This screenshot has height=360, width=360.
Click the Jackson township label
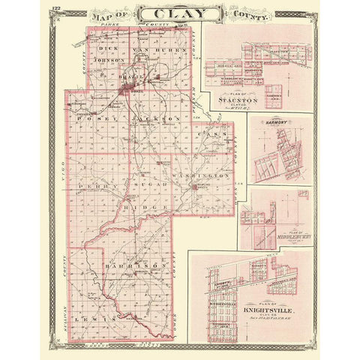coord(157,118)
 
